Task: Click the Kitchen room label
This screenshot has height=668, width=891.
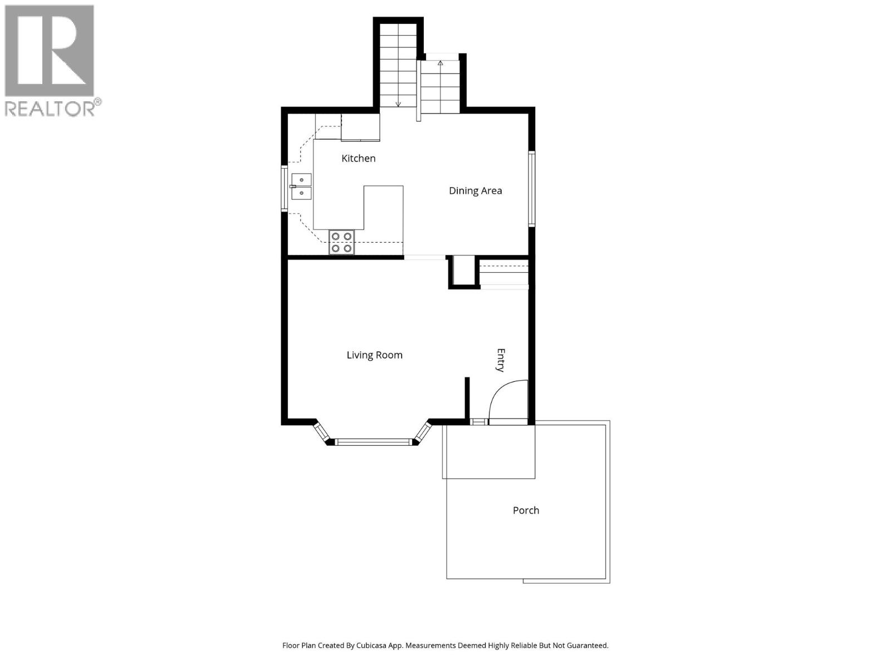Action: click(x=358, y=159)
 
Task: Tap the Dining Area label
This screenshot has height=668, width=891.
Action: click(x=475, y=191)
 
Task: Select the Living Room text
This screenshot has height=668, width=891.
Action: click(x=374, y=355)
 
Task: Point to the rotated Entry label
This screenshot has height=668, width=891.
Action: click(x=501, y=360)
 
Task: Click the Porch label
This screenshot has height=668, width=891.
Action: click(x=526, y=510)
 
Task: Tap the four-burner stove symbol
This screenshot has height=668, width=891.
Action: click(x=341, y=243)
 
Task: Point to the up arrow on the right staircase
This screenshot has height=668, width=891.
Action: click(x=440, y=63)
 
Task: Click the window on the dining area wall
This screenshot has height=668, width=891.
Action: click(x=532, y=189)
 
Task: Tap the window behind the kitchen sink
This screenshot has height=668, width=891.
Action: click(x=284, y=188)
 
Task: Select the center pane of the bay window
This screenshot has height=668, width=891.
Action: click(x=374, y=443)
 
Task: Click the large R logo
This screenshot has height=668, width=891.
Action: click(x=49, y=51)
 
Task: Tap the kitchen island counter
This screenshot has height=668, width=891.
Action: click(x=383, y=208)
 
